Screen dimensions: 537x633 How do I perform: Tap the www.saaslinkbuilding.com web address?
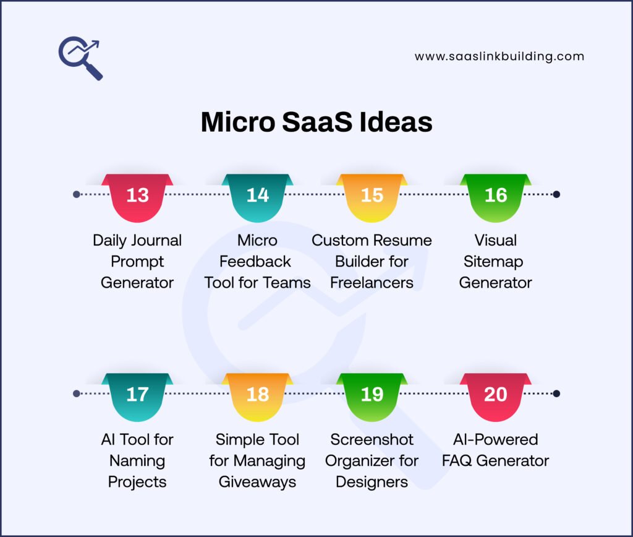point(499,56)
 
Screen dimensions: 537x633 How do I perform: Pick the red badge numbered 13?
point(137,197)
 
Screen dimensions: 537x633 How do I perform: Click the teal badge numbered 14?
point(257,197)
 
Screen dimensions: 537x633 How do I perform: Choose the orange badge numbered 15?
point(372,197)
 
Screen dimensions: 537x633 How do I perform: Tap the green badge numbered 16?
point(496,197)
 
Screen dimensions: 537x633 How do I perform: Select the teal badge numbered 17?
point(137,396)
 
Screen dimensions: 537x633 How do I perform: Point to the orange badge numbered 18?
point(257,396)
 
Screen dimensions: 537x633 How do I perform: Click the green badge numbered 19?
point(372,396)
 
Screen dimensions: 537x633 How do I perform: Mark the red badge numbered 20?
point(496,396)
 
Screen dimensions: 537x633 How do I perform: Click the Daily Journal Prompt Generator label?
point(137,261)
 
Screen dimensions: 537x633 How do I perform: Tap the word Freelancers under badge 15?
point(372,283)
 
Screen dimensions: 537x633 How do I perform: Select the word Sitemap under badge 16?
point(496,261)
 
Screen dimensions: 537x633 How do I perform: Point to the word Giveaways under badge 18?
point(257,482)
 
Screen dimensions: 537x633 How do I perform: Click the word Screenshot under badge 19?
point(372,439)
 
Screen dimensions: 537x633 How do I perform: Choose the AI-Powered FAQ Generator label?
point(496,450)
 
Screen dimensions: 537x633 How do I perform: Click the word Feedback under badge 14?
point(257,261)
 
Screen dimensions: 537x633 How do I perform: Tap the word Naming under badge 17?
point(137,461)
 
